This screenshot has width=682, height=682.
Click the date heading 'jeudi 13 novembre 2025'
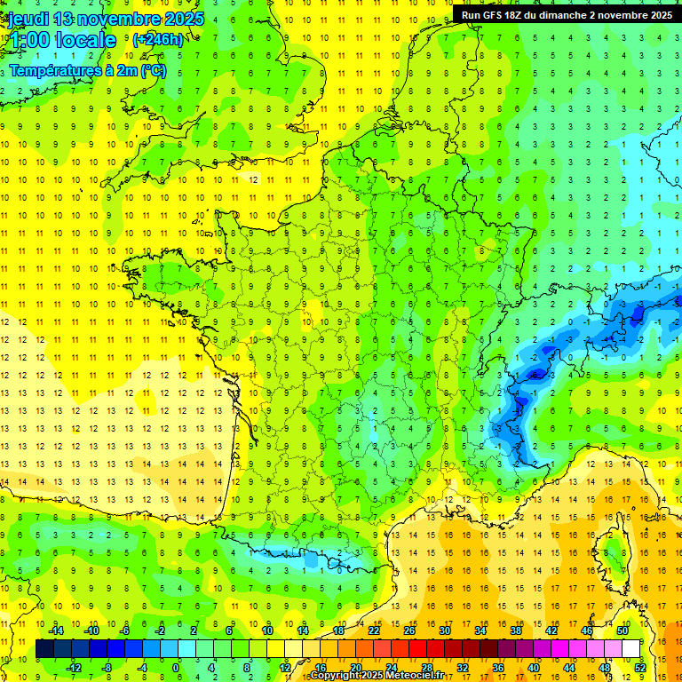click(x=105, y=19)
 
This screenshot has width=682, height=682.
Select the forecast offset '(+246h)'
click(x=158, y=40)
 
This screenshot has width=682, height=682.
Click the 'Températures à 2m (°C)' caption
click(x=87, y=71)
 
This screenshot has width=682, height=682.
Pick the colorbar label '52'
click(x=639, y=667)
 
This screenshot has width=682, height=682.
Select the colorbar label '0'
click(x=175, y=667)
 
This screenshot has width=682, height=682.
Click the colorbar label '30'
click(x=444, y=630)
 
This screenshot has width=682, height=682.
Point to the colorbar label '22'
click(x=374, y=630)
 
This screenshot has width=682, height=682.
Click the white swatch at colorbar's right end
click(x=630, y=648)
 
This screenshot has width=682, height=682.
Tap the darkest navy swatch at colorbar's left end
click(x=44, y=648)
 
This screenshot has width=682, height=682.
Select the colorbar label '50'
click(x=622, y=630)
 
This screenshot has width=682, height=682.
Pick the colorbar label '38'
click(x=515, y=630)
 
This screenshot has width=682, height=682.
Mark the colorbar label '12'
click(x=285, y=667)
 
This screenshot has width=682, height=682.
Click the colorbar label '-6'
click(x=126, y=630)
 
